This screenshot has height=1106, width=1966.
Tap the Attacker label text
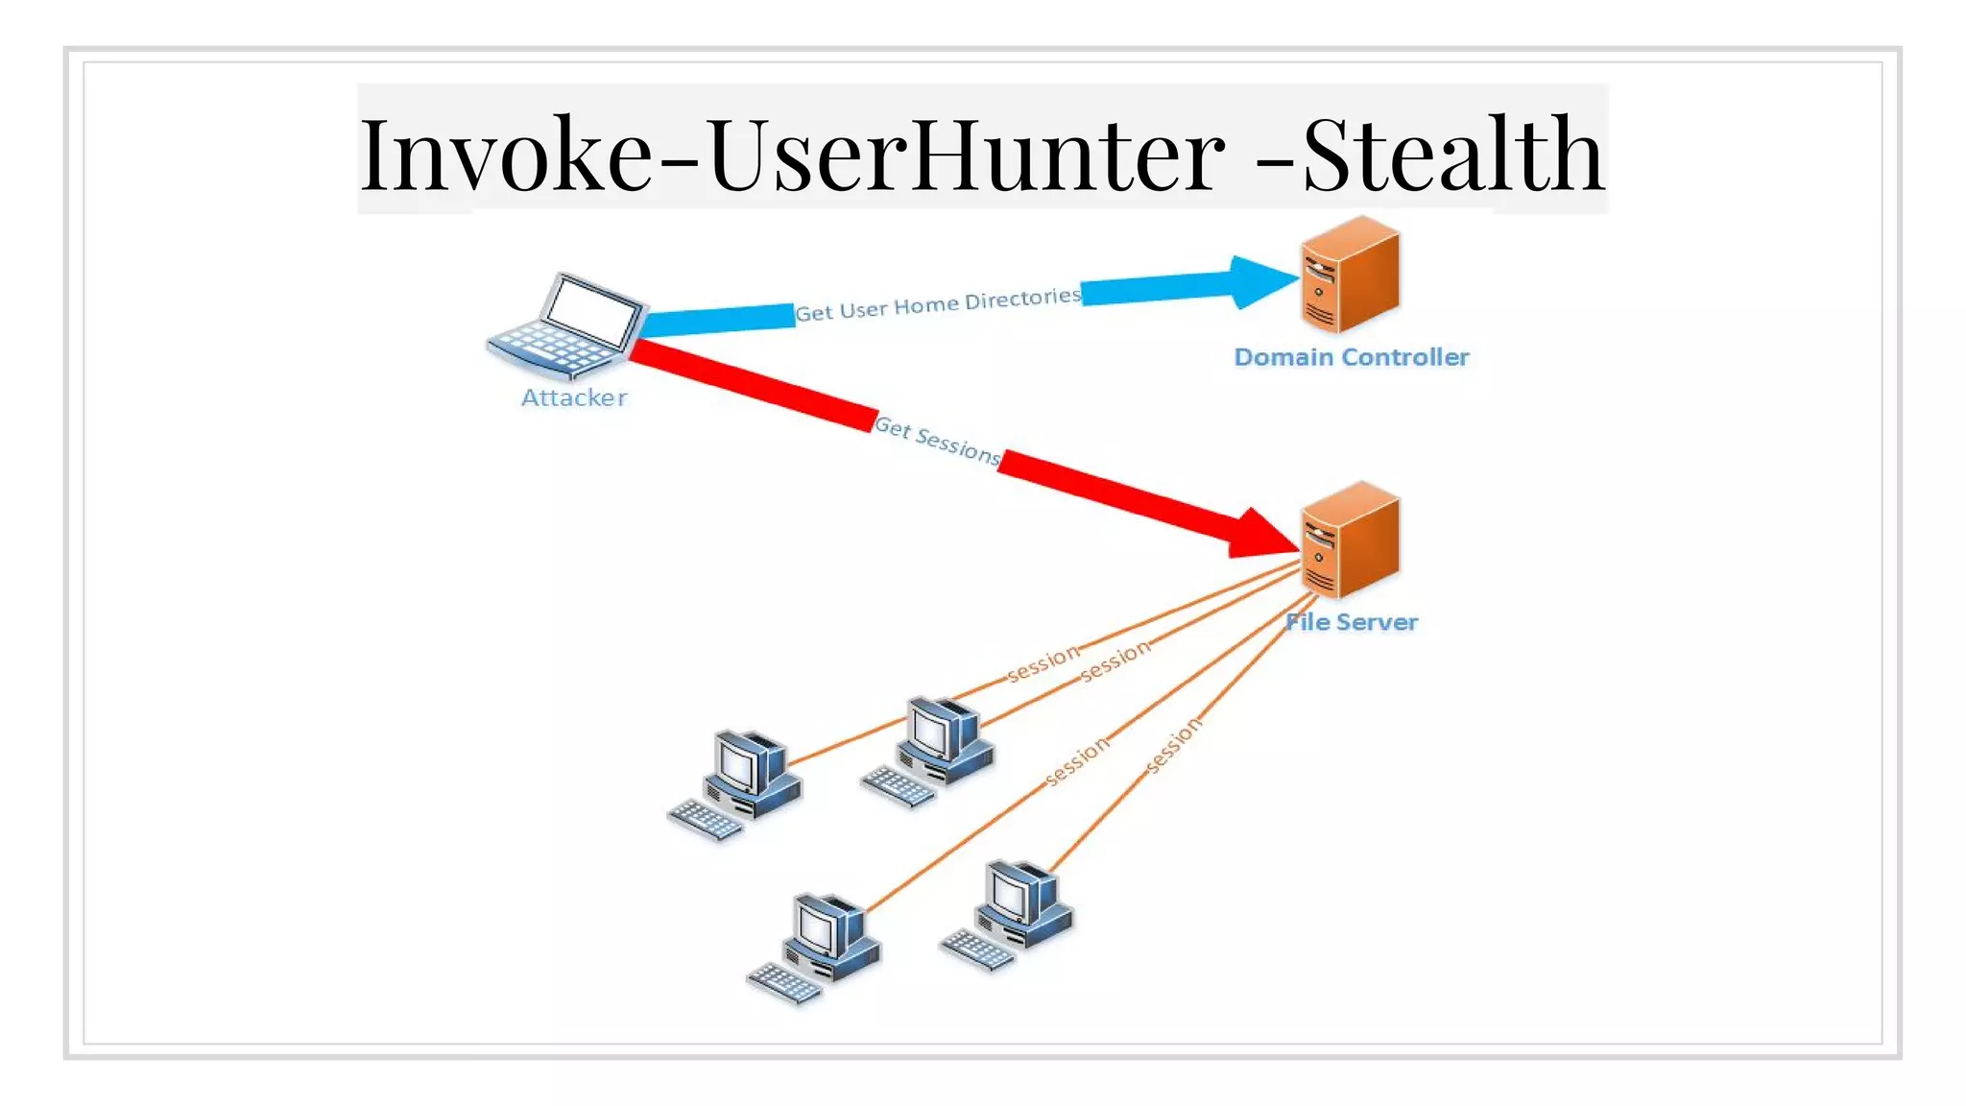pos(574,397)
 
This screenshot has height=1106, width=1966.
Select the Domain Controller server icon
pos(1349,276)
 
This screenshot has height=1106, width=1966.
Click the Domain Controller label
pos(1351,357)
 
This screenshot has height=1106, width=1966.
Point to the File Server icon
pos(1349,541)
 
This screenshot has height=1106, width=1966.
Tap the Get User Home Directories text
pos(937,304)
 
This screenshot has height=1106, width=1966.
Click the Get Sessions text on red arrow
pos(937,441)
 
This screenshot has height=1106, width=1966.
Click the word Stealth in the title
pos(1451,154)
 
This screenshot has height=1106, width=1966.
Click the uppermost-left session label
pos(1043,663)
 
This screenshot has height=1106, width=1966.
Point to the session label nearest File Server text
pos(1115,661)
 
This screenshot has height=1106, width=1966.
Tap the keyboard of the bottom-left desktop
pos(783,984)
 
